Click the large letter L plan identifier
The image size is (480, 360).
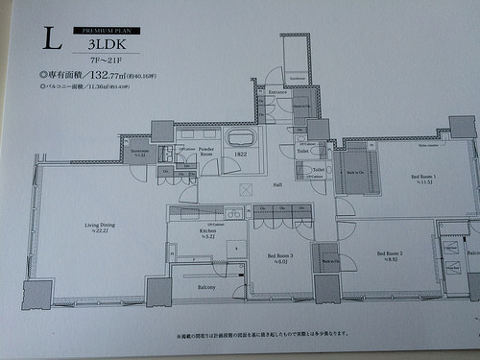coord(52,38)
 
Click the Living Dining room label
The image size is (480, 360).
coord(93,227)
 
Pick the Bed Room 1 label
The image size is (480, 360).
coord(422,178)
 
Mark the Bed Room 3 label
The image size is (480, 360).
coord(278,256)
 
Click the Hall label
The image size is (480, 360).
coord(276,184)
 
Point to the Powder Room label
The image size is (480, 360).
coord(206,154)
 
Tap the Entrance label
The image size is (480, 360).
coord(277,92)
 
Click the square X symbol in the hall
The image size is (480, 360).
coord(246,189)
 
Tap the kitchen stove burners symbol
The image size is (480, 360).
coord(232,212)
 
